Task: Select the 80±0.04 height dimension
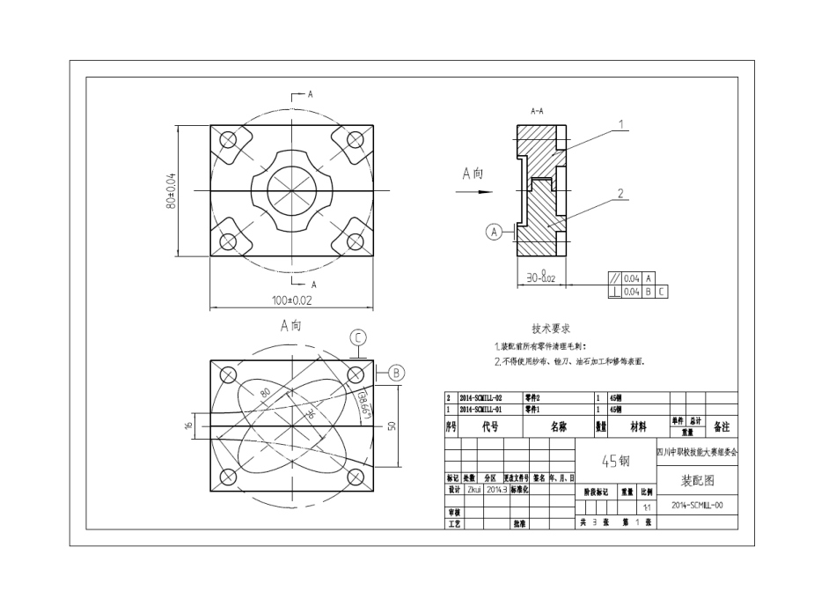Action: click(172, 190)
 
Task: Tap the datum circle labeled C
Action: click(358, 337)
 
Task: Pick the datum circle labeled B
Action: click(395, 373)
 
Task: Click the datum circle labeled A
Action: click(495, 232)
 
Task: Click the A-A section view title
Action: click(537, 113)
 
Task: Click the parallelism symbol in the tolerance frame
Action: click(614, 277)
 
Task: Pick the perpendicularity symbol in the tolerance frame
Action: click(614, 291)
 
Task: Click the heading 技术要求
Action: click(552, 328)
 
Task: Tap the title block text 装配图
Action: click(697, 481)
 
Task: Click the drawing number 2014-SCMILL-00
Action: click(697, 507)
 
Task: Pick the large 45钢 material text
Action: click(615, 460)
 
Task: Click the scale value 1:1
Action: click(647, 507)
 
